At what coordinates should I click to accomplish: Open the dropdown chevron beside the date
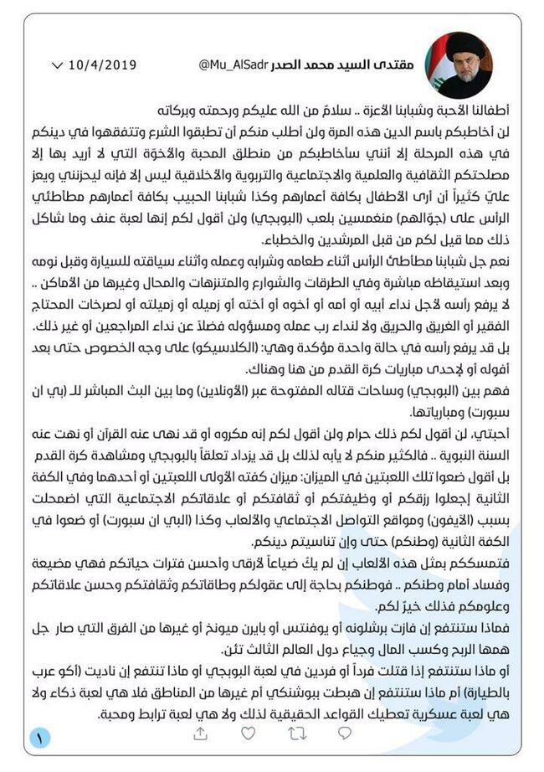(x=57, y=64)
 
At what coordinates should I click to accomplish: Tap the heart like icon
(x=248, y=733)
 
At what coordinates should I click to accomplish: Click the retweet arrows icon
(x=296, y=733)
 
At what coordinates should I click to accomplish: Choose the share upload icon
(x=200, y=733)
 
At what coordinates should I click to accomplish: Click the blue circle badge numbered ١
(x=38, y=738)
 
